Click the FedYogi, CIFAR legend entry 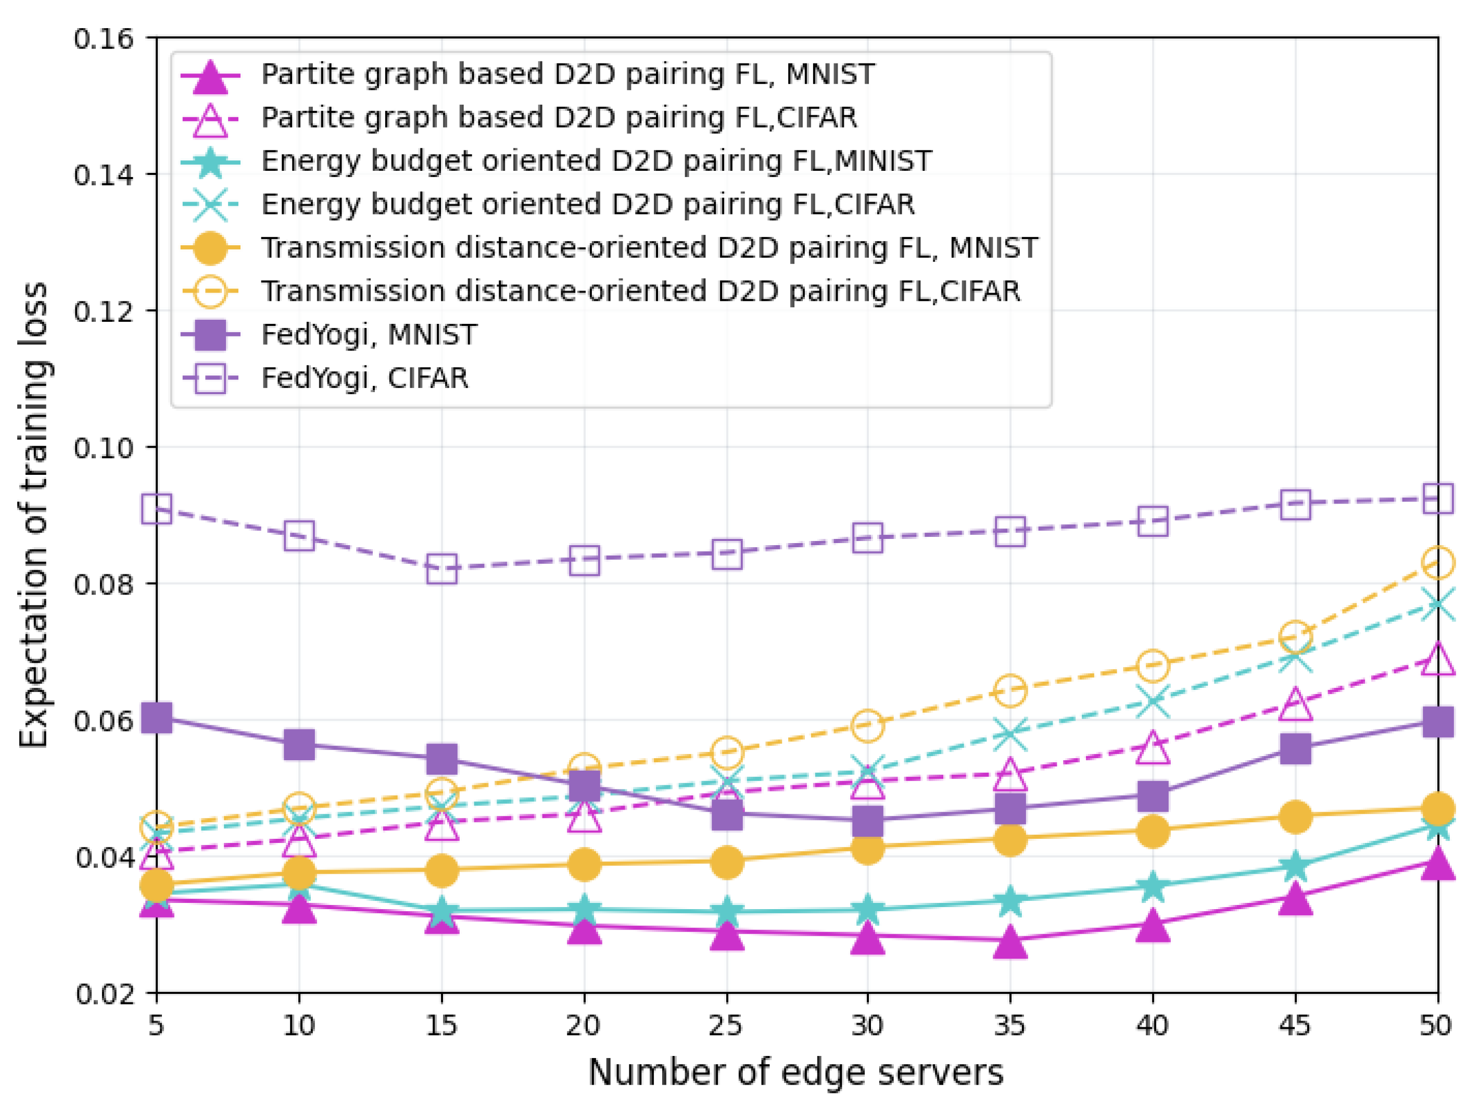click(x=364, y=379)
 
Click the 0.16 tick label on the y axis click(x=104, y=39)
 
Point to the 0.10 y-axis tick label click(x=104, y=447)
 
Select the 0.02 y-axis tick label click(x=104, y=994)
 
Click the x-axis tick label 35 click(x=1009, y=1025)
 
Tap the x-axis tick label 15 click(x=441, y=1025)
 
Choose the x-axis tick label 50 click(x=1436, y=1025)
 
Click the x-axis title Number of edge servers click(x=795, y=1073)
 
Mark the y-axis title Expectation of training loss click(x=33, y=515)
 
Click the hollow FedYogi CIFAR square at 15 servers click(x=442, y=569)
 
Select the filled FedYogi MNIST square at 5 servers click(x=157, y=718)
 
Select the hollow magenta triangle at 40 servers click(x=1153, y=747)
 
